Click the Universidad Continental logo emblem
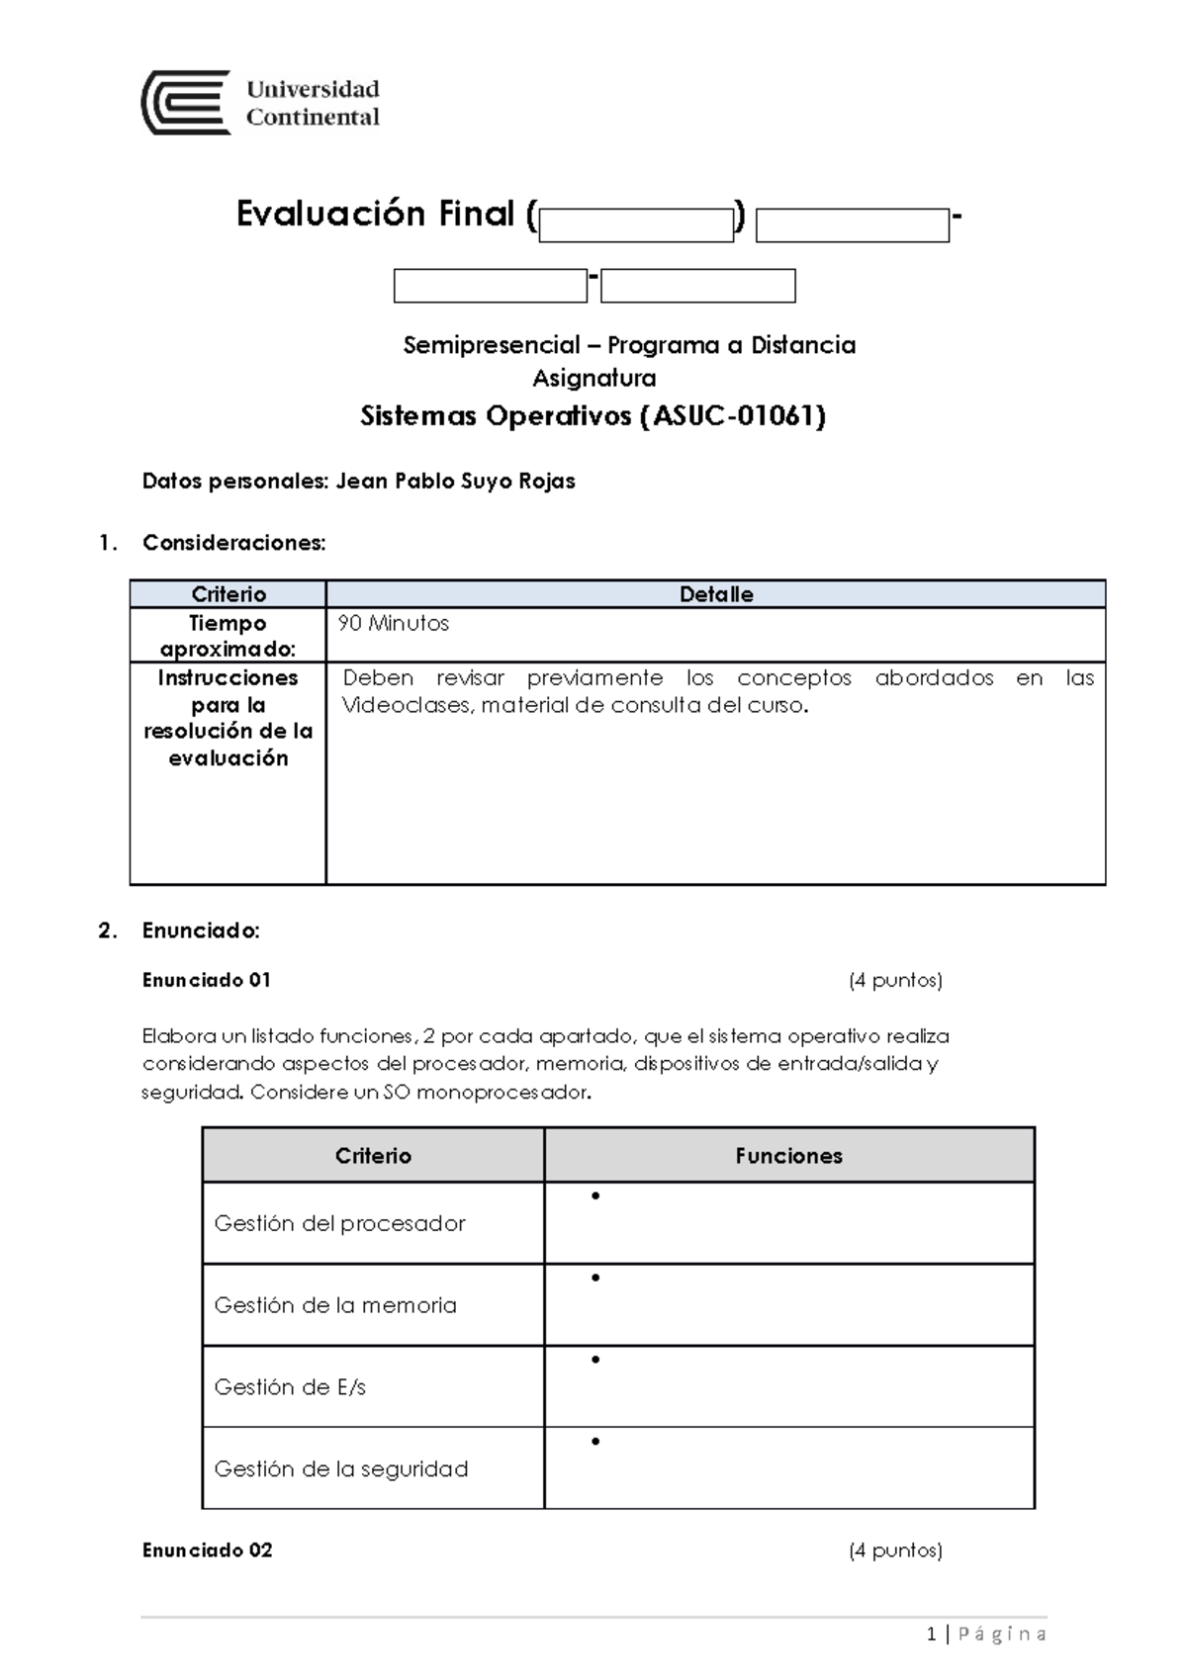point(185,103)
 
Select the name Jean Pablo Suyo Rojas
point(455,482)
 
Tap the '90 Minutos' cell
point(393,624)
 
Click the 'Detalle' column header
point(715,594)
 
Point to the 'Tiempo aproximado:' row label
point(228,636)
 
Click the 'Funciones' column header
point(788,1156)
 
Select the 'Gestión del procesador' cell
point(339,1223)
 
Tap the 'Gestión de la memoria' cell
point(335,1305)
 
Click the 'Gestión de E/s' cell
point(290,1387)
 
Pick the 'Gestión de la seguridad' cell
point(340,1469)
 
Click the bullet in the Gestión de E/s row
point(595,1360)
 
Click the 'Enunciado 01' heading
point(206,980)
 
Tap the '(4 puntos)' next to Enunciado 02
point(895,1550)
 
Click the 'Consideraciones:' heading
point(233,543)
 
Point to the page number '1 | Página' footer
point(987,1635)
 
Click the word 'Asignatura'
point(593,378)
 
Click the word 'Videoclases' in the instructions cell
point(407,706)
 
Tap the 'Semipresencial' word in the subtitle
point(492,345)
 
